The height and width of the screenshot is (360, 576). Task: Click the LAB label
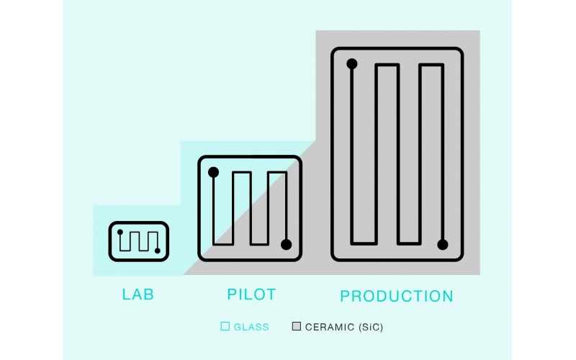tap(138, 294)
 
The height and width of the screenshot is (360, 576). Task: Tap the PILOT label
tap(251, 294)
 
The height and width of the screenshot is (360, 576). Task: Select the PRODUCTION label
tap(397, 296)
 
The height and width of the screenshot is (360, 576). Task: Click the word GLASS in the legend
tap(251, 327)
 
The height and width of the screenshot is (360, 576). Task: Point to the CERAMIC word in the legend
tap(330, 327)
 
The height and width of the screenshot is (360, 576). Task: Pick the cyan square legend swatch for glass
tap(225, 326)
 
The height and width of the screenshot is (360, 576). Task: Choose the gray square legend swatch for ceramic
tap(297, 326)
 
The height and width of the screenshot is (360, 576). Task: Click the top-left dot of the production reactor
tap(351, 64)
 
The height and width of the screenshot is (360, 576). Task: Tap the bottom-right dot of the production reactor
tap(443, 245)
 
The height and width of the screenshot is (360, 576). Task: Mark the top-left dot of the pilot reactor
tap(213, 172)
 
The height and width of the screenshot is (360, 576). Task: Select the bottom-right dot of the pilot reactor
tap(286, 245)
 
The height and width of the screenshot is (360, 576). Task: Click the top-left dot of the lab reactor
tap(120, 232)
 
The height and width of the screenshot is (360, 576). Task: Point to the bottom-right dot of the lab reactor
tap(157, 251)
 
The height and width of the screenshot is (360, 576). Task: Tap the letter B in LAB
tap(149, 294)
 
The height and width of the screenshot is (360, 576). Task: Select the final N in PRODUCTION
tap(447, 296)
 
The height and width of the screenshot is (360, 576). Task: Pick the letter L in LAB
tap(126, 294)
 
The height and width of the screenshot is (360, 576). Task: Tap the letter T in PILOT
tap(271, 294)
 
